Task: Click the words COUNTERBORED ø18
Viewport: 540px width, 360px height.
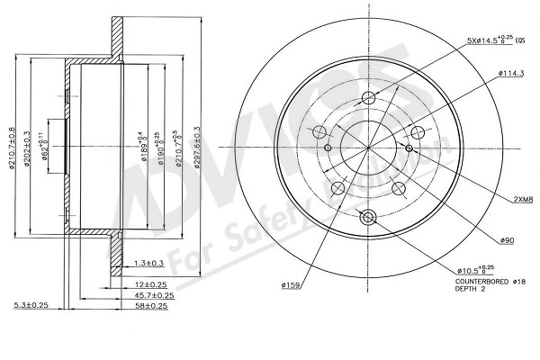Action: click(x=486, y=281)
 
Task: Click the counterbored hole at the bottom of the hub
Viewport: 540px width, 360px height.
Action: click(x=366, y=216)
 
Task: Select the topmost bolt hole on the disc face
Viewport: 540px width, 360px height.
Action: click(x=367, y=99)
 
